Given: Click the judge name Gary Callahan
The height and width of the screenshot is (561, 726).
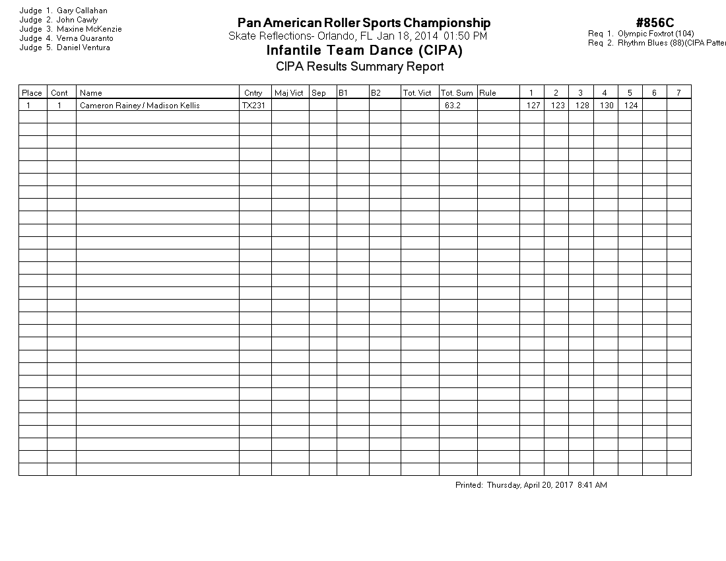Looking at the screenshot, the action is pyautogui.click(x=82, y=11).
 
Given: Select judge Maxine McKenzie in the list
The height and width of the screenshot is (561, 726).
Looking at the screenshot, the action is pyautogui.click(x=89, y=29).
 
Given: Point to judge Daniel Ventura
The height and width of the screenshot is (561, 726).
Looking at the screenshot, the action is pyautogui.click(x=83, y=48).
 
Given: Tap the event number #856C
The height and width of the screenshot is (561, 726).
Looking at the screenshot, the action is pyautogui.click(x=655, y=24).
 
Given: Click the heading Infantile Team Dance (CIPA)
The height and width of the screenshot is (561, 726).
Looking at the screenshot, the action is pyautogui.click(x=364, y=51).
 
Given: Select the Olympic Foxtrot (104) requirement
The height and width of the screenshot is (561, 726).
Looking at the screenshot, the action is pyautogui.click(x=655, y=34).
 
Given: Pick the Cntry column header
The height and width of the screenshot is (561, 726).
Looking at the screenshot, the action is pyautogui.click(x=253, y=93).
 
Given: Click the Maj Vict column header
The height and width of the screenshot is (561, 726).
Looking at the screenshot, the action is pyautogui.click(x=288, y=93).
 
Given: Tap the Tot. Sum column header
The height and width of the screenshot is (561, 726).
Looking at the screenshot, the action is pyautogui.click(x=457, y=93).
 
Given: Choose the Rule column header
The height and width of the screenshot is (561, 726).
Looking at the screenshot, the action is pyautogui.click(x=488, y=93).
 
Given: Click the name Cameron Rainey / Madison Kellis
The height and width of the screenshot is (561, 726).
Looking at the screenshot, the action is pyautogui.click(x=140, y=106).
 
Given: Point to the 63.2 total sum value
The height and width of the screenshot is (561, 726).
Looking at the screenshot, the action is pyautogui.click(x=453, y=106).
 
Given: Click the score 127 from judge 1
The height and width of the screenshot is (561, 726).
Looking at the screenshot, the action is pyautogui.click(x=533, y=106).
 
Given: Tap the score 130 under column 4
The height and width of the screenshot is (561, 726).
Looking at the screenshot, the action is pyautogui.click(x=607, y=106).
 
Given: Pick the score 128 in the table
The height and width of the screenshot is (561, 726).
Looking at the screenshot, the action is pyautogui.click(x=582, y=106).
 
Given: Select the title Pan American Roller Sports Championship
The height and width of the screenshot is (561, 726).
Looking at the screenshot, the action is pyautogui.click(x=364, y=24).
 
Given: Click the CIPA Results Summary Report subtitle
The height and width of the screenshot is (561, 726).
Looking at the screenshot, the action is pyautogui.click(x=360, y=66).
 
